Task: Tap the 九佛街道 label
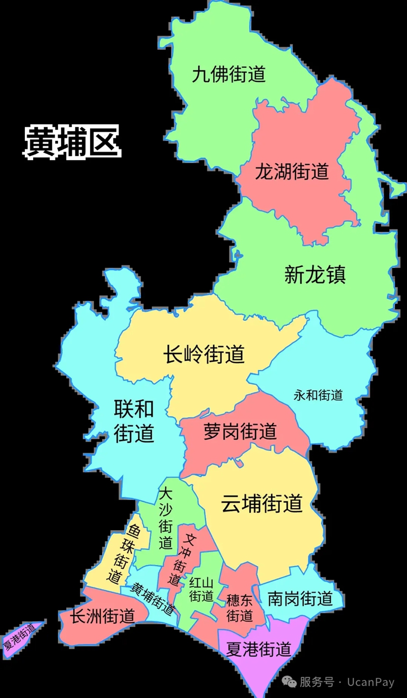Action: pyautogui.click(x=229, y=75)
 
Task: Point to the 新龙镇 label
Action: pyautogui.click(x=315, y=275)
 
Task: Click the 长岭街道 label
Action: pyautogui.click(x=204, y=354)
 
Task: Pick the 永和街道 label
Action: pyautogui.click(x=318, y=395)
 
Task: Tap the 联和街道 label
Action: pyautogui.click(x=133, y=421)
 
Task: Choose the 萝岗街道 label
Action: pyautogui.click(x=240, y=431)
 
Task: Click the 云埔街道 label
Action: pyautogui.click(x=261, y=504)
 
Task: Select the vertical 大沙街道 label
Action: pyautogui.click(x=165, y=518)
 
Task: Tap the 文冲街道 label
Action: pyautogui.click(x=182, y=559)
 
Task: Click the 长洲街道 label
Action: pyautogui.click(x=102, y=617)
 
